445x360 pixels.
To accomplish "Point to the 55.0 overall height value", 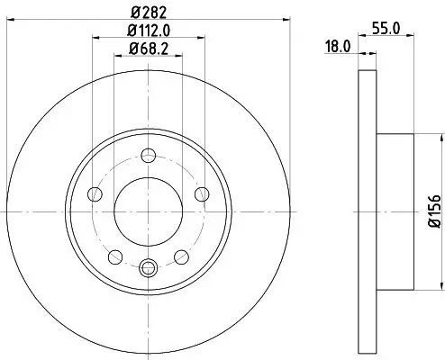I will click(x=386, y=29).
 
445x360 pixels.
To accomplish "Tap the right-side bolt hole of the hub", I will click(x=202, y=194).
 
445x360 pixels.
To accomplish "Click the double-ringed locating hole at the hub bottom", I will click(x=150, y=265).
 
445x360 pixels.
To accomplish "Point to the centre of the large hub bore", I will click(x=150, y=211).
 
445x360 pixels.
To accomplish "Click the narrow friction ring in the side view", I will click(x=366, y=211).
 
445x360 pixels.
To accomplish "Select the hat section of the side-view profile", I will click(x=394, y=211).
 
